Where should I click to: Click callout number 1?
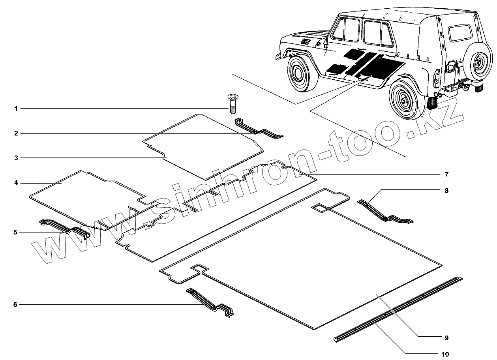(16, 109)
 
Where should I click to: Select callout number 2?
(16, 134)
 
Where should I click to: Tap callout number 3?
(16, 158)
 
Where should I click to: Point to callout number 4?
(16, 183)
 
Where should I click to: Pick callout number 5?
(16, 232)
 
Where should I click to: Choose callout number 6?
(16, 305)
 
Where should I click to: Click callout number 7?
(446, 174)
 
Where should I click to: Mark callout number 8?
(446, 191)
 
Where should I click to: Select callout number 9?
(446, 338)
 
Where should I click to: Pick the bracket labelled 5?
(65, 229)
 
